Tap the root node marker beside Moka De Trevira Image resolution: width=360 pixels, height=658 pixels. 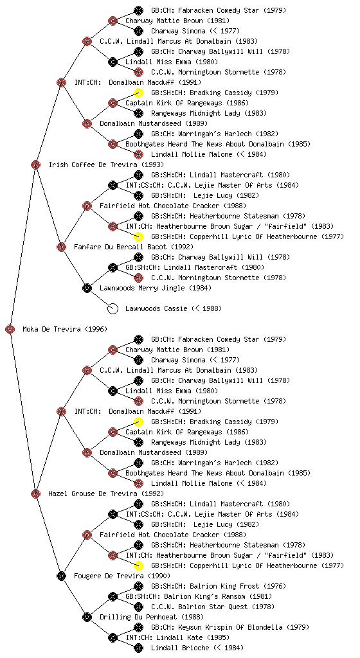point(10,329)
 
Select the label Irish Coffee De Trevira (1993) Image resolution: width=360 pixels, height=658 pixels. point(106,164)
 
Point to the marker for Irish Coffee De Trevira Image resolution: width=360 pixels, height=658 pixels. point(35,164)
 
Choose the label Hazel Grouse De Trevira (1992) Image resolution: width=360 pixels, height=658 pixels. point(106,493)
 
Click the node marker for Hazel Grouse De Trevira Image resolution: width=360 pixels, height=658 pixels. point(35,493)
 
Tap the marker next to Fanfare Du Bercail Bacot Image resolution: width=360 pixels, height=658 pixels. point(61,247)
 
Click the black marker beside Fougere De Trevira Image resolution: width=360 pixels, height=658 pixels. point(61,576)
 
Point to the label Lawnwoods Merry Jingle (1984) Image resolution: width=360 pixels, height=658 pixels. point(156,288)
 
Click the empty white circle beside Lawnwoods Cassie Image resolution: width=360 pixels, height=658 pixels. point(113,308)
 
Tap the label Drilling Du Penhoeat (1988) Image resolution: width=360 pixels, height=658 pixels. point(152,617)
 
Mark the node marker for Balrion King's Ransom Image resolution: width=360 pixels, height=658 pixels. point(113,596)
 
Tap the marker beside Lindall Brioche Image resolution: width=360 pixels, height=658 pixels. point(138,648)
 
